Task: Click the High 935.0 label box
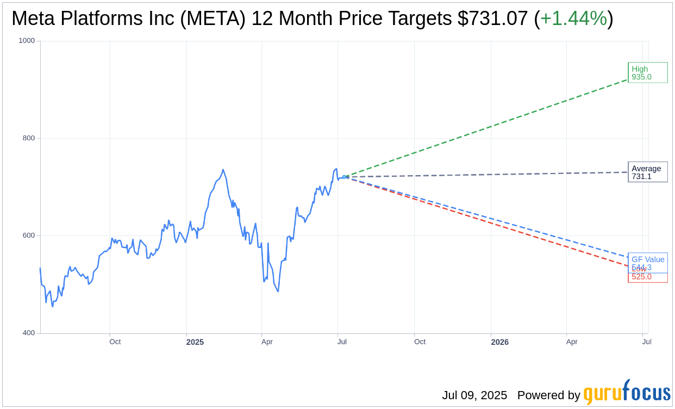tap(647, 73)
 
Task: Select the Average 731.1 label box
tap(647, 172)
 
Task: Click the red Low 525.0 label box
tap(647, 277)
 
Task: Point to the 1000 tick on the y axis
tap(27, 41)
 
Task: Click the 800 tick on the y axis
tap(28, 138)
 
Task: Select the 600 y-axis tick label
tap(28, 236)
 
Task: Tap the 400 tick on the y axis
tap(28, 333)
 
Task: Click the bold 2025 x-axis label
tap(195, 342)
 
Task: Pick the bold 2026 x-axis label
tap(499, 342)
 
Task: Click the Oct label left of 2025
tap(115, 342)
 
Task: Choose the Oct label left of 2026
tap(420, 342)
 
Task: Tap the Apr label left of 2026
tap(572, 342)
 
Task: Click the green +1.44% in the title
tap(573, 18)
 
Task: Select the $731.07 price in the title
tap(492, 18)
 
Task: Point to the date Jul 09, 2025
tap(474, 395)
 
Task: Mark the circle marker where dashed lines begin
tap(345, 177)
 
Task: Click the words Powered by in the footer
tap(548, 395)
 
